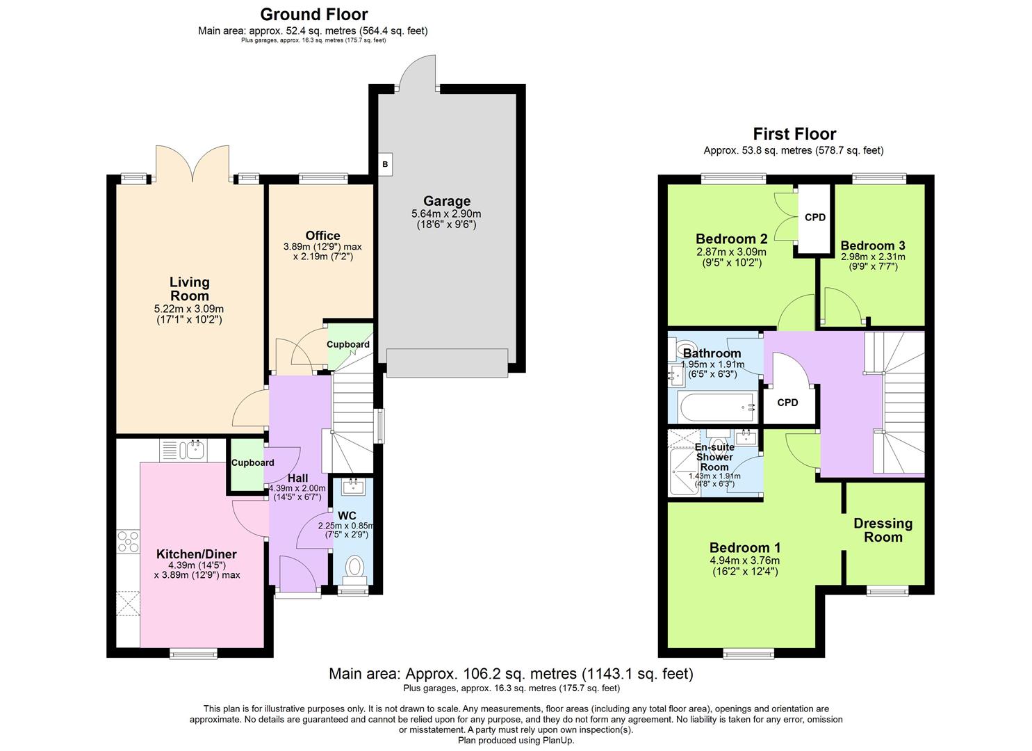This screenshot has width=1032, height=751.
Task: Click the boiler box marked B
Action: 385,164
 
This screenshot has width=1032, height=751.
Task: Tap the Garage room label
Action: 447,201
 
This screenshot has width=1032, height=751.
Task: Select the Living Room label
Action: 189,289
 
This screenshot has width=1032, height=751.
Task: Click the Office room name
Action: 322,236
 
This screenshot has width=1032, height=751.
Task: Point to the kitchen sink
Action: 184,450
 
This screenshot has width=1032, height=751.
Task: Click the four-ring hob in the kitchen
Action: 128,542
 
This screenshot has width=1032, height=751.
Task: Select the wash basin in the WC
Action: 354,486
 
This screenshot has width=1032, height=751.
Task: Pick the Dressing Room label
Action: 883,530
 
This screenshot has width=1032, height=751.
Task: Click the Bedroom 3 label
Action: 873,245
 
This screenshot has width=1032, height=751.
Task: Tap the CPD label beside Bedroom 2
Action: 815,217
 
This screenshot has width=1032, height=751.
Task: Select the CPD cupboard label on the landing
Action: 787,403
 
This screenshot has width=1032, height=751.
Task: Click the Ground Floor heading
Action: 313,15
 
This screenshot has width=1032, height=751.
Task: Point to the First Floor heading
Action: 794,134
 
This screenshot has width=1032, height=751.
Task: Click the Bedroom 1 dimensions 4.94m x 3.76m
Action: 744,560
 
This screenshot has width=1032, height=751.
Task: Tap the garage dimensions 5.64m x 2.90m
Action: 446,214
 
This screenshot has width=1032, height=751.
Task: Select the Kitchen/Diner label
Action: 196,554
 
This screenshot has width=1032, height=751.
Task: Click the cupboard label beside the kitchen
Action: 252,463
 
